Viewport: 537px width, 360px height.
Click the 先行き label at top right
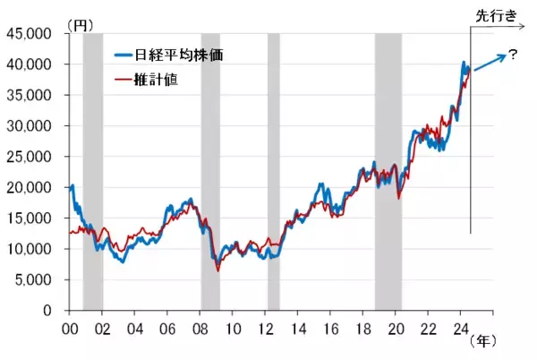[496, 13]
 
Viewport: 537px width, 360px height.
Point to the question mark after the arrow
[513, 55]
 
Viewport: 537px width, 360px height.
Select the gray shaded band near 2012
[274, 170]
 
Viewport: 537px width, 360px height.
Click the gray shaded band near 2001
[93, 170]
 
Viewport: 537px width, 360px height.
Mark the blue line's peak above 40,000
[463, 63]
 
